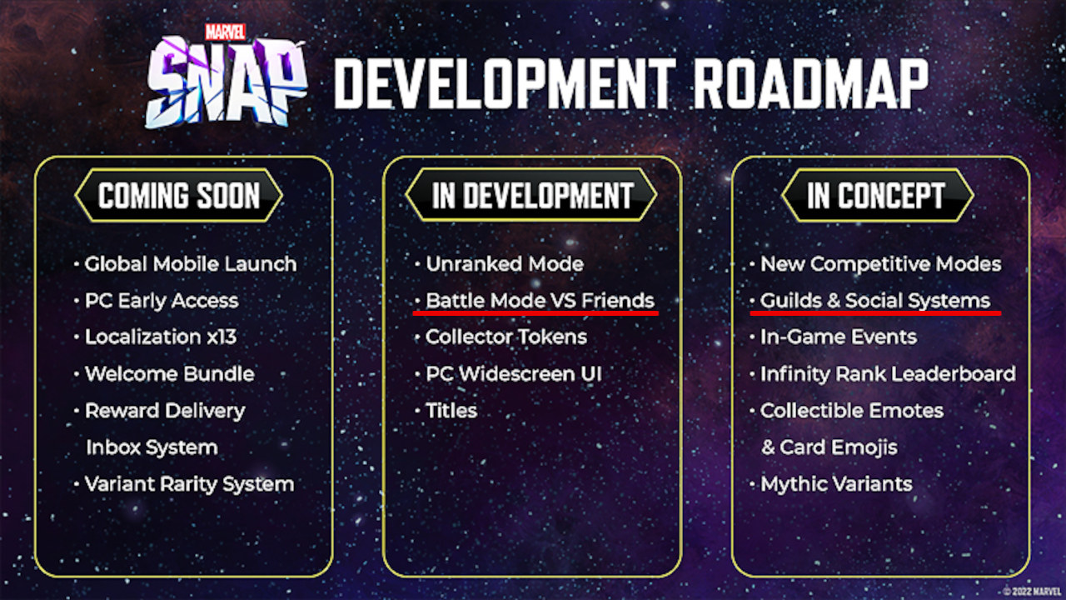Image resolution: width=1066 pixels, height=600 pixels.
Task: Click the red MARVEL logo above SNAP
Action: point(225,32)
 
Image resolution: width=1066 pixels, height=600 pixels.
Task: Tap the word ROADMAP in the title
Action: point(810,84)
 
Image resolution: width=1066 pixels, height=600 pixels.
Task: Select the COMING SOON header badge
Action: point(178,195)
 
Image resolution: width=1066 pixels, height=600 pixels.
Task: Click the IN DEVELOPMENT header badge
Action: point(531,195)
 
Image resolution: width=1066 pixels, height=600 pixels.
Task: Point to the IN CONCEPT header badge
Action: point(878,195)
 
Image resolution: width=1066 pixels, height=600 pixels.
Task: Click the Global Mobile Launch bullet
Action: point(191,264)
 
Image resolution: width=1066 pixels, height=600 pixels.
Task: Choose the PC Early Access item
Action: point(162,301)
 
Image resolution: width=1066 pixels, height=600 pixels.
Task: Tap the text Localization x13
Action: point(161,337)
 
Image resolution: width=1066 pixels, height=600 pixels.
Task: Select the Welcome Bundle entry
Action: point(169,374)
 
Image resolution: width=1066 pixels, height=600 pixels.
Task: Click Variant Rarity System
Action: point(189,484)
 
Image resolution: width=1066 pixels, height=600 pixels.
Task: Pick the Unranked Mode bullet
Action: point(505,264)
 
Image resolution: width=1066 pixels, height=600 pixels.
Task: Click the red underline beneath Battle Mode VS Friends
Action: point(535,313)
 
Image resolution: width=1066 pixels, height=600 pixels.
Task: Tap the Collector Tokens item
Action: point(506,337)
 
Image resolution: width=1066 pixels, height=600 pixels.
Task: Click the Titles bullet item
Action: point(451,411)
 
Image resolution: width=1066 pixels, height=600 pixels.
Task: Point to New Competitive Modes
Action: point(881,264)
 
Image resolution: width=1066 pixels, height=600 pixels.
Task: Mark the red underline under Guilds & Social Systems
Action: point(875,313)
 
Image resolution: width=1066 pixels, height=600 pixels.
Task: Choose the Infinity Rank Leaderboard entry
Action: point(888,374)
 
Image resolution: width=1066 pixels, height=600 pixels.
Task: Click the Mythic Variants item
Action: point(836,484)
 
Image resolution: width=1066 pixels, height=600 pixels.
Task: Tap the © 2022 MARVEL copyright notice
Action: point(1032,591)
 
